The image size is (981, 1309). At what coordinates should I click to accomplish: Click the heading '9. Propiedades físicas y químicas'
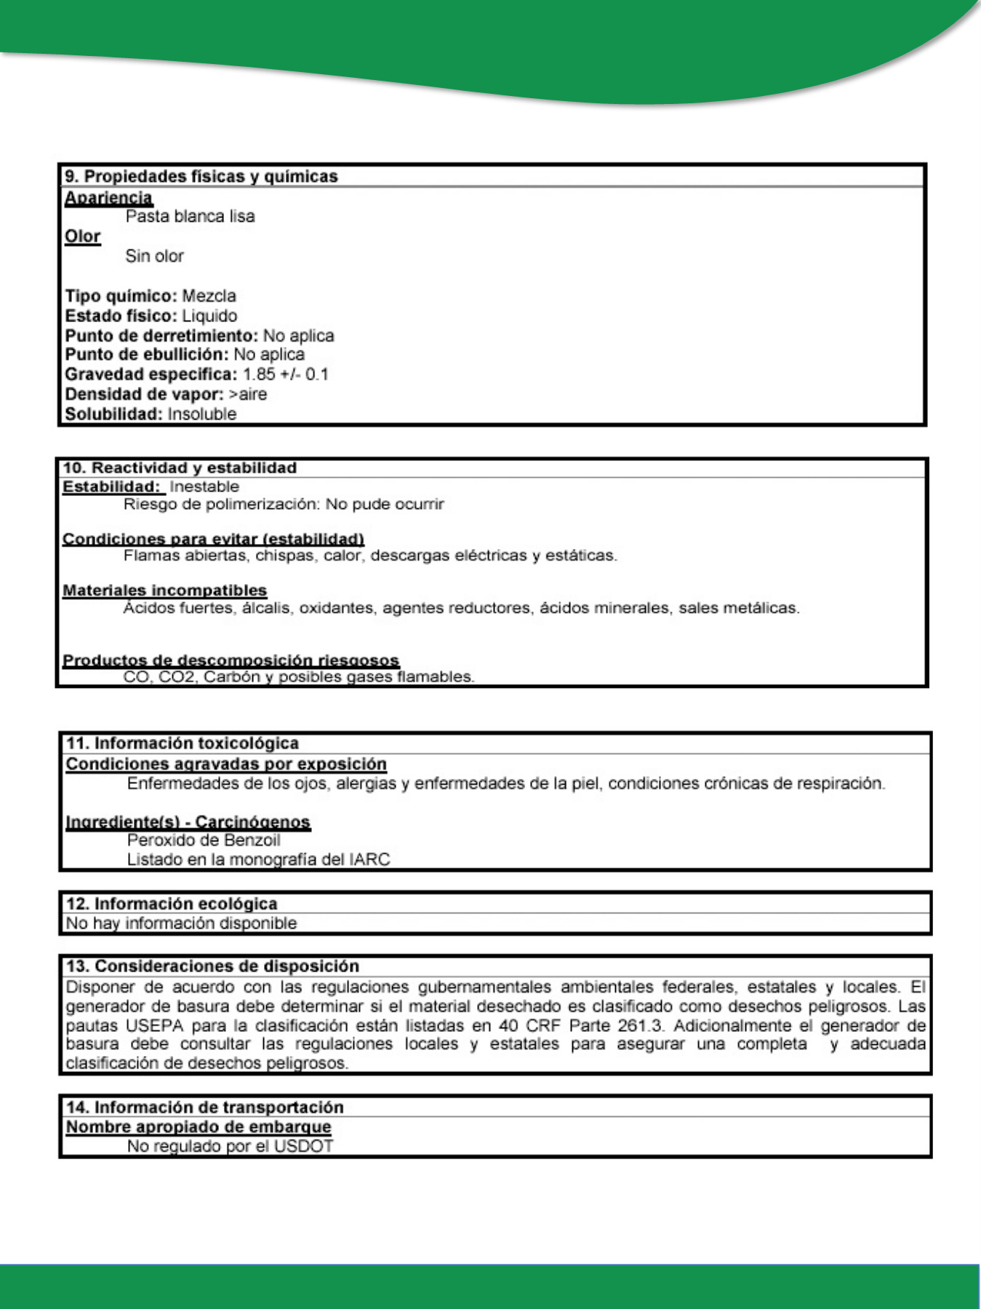[201, 177]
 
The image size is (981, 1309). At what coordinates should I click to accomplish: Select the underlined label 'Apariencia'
[108, 197]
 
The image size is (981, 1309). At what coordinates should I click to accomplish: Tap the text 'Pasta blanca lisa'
[190, 216]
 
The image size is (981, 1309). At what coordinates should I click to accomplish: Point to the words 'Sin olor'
[154, 256]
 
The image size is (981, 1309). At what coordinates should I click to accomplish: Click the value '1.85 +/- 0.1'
[286, 375]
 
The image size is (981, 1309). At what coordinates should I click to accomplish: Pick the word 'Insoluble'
[202, 414]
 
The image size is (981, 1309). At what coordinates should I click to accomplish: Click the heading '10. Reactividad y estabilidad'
[180, 468]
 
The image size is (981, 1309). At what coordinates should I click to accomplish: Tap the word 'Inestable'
[204, 487]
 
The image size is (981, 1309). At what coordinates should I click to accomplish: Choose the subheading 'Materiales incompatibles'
[164, 591]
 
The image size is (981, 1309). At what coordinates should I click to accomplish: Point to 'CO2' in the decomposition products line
[177, 677]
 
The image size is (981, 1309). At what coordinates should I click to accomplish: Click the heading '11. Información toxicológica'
[183, 743]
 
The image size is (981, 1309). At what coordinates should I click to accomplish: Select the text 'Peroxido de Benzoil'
[204, 841]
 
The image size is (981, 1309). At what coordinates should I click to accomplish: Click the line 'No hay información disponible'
[181, 924]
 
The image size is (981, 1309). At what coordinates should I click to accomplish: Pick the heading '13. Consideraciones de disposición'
[212, 966]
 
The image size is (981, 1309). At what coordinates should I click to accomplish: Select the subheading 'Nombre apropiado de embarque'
[199, 1127]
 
